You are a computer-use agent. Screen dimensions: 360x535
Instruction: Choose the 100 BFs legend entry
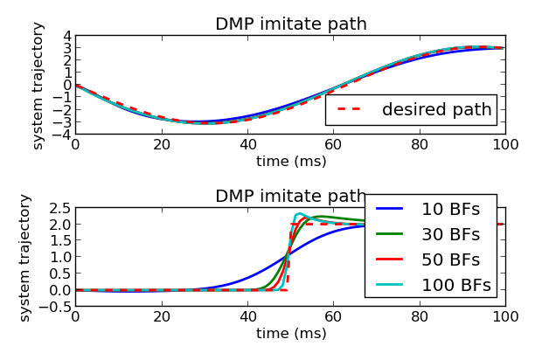[x=455, y=285]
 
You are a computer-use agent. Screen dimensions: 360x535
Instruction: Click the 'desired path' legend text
[x=437, y=110]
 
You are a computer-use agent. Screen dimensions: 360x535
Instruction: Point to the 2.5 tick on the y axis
[x=59, y=208]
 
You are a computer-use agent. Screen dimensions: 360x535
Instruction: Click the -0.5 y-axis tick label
[x=56, y=307]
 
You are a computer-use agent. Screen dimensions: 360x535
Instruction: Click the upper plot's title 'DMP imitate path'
[x=290, y=24]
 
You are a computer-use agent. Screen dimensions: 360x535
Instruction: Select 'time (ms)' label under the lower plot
[x=290, y=333]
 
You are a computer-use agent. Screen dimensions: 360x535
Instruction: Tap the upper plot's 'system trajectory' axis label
[x=38, y=85]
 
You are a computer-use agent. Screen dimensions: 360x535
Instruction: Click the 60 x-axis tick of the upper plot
[x=333, y=145]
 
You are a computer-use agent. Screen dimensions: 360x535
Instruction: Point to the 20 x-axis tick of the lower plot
[x=161, y=317]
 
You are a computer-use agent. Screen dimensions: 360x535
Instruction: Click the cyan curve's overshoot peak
[x=299, y=213]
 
